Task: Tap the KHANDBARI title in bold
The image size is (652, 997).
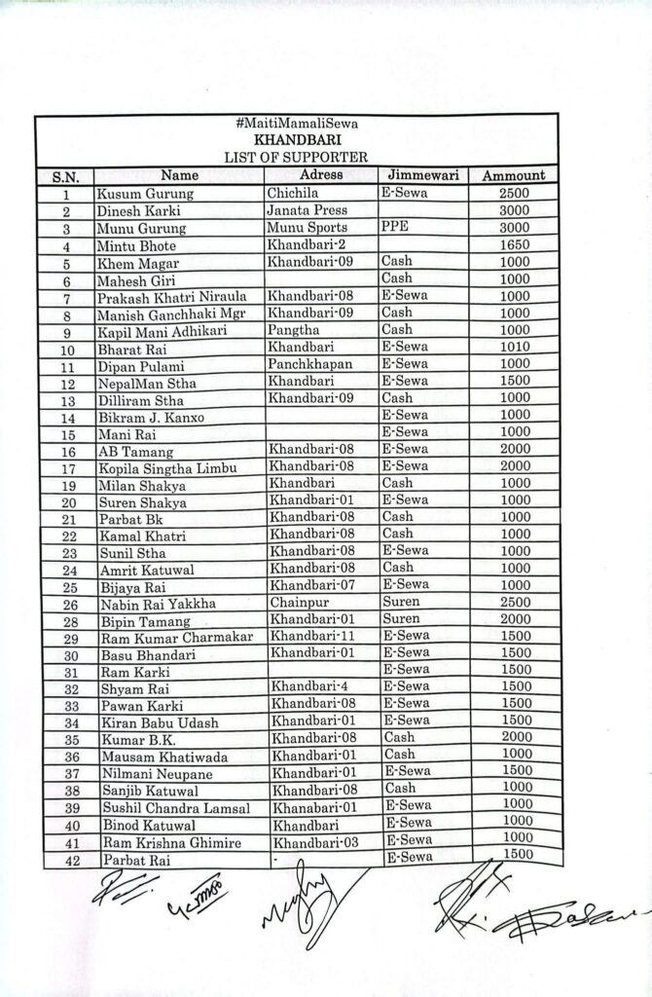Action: point(296,141)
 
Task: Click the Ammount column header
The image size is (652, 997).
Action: point(513,175)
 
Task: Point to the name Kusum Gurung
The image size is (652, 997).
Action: point(143,194)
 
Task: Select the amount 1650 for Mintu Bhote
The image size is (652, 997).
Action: point(513,244)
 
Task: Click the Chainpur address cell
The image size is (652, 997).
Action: point(300,604)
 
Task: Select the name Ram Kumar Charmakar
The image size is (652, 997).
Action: point(176,638)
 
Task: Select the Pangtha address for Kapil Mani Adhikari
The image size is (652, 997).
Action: point(292,329)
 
